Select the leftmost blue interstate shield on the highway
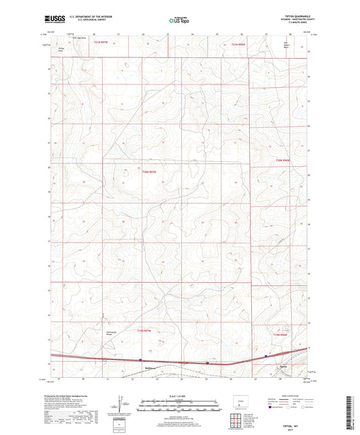[x=140, y=361]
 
